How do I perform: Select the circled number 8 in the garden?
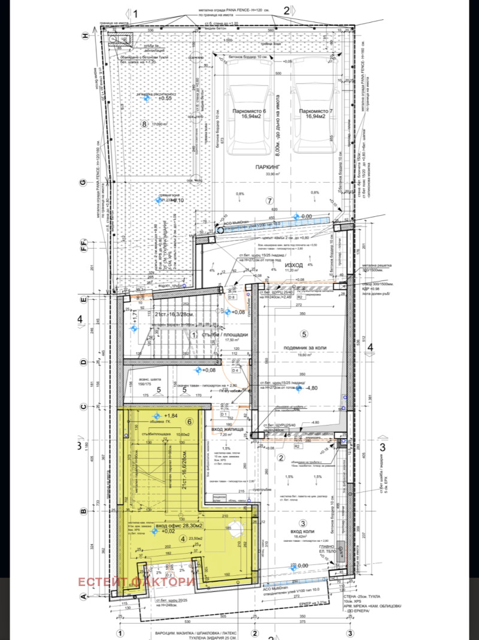coord(143,124)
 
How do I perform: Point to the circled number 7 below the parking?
coord(269,200)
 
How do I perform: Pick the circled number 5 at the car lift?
coord(304,334)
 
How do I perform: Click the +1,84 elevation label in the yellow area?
coord(170,416)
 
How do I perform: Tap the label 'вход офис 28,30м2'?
coord(179,526)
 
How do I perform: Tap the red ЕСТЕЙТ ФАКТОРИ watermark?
coord(136,581)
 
